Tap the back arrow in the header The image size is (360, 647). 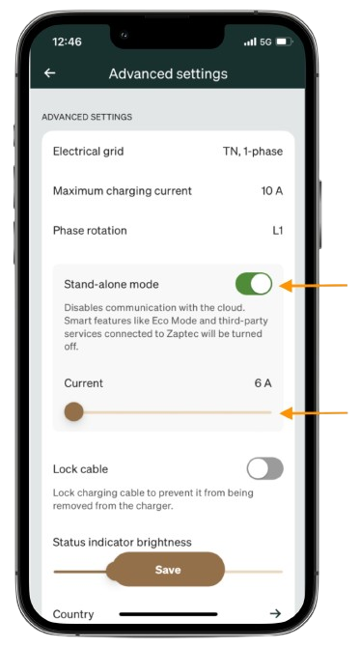(49, 73)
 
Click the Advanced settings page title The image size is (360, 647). (168, 73)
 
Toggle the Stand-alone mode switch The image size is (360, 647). (254, 284)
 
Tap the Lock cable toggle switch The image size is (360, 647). (264, 468)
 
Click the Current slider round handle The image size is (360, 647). (73, 411)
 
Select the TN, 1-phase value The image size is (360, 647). (253, 152)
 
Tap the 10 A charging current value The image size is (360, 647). (272, 191)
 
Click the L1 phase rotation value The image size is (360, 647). (278, 230)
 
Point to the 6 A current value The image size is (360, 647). (263, 383)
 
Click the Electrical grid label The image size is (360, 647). (88, 152)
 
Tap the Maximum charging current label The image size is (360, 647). (123, 191)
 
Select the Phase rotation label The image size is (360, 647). (90, 230)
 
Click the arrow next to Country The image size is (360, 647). (275, 613)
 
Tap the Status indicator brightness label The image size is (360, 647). (122, 542)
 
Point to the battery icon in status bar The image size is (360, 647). (284, 42)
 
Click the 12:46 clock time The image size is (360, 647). (67, 42)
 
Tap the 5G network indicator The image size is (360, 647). (265, 42)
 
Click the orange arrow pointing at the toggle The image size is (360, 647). (314, 285)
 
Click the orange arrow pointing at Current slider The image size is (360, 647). (314, 412)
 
